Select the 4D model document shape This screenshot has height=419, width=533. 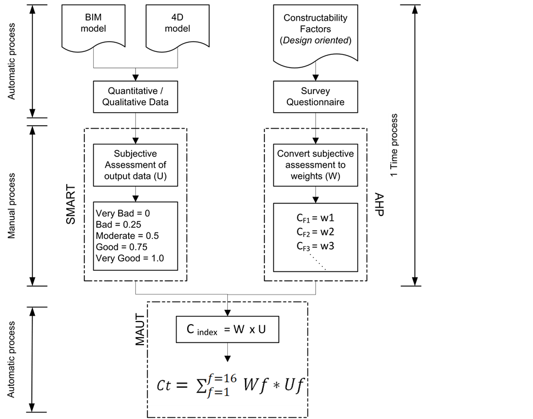[x=173, y=24]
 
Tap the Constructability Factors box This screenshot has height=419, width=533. [x=315, y=30]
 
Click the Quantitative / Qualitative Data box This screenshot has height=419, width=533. [x=135, y=96]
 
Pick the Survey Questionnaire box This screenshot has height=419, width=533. [x=316, y=96]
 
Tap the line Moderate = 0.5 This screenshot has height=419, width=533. [x=127, y=235]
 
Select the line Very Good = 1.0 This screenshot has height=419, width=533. [x=129, y=258]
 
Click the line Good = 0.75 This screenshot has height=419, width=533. [x=121, y=247]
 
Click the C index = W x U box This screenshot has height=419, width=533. [x=227, y=330]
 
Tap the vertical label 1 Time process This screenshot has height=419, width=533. [x=394, y=145]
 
